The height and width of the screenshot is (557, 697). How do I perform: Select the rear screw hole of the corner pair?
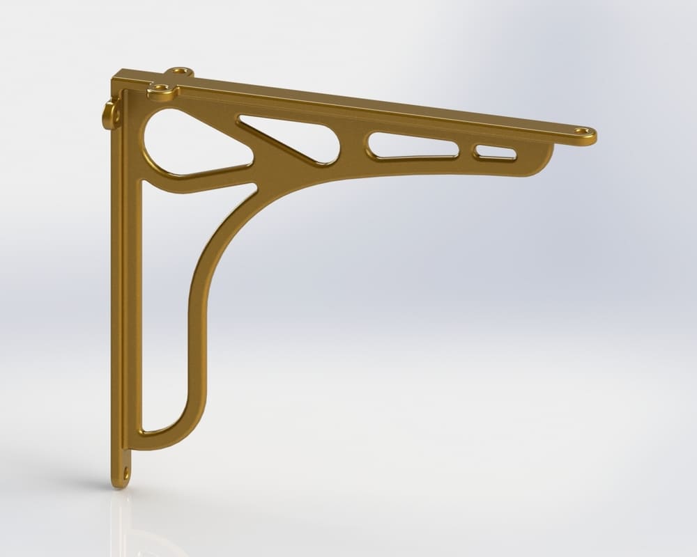[x=181, y=71]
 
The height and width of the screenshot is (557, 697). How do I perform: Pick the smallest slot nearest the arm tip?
[x=494, y=151]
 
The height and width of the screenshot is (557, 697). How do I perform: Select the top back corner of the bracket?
[x=120, y=72]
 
